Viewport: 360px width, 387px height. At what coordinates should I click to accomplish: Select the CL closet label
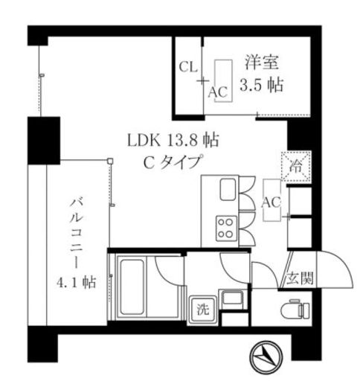point(188,65)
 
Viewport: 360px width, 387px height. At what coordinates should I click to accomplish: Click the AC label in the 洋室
point(217,92)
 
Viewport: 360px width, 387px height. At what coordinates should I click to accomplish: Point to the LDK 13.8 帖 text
point(172,138)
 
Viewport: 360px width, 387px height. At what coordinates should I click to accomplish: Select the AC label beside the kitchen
point(271,202)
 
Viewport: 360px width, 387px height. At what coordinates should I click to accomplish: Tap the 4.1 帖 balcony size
point(74,282)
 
